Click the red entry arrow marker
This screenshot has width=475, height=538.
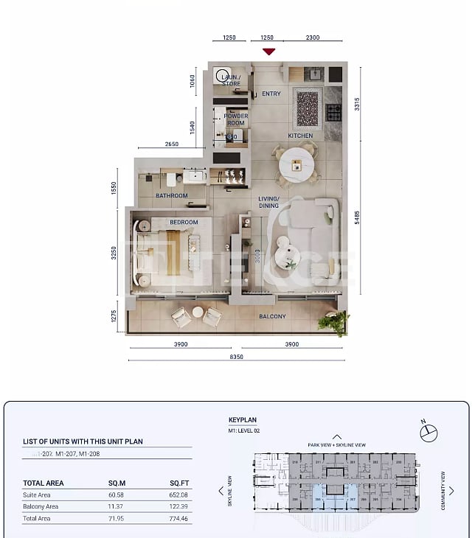(x=269, y=51)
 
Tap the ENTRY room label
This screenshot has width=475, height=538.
(x=271, y=94)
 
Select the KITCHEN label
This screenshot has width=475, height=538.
(x=300, y=136)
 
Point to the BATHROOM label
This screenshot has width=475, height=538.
(x=171, y=196)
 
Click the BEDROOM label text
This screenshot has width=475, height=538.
(x=184, y=222)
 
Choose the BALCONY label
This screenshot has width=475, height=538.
(x=272, y=316)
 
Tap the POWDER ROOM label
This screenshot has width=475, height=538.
(x=236, y=119)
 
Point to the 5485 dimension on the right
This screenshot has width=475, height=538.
(x=357, y=217)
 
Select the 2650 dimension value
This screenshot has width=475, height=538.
(x=171, y=144)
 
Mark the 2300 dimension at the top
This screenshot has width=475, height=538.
(x=312, y=38)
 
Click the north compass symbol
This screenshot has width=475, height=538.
(x=429, y=433)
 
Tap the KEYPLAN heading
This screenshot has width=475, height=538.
(x=243, y=419)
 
